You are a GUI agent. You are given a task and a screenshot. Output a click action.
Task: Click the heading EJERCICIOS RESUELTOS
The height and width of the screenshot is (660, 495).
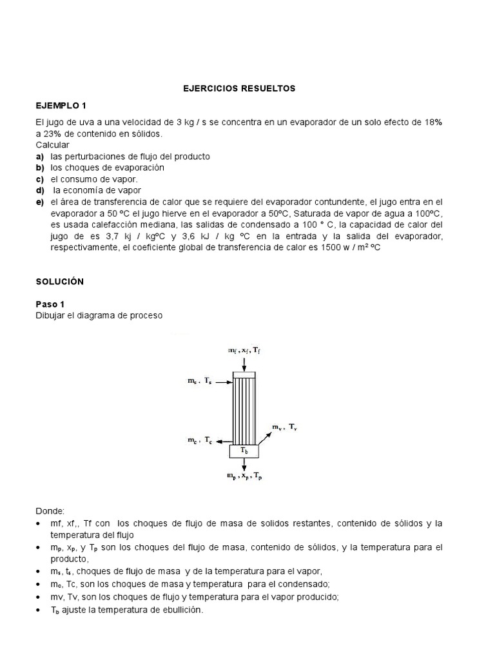[x=239, y=88]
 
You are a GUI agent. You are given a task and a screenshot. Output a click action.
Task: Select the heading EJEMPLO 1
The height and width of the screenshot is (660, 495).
[x=61, y=105]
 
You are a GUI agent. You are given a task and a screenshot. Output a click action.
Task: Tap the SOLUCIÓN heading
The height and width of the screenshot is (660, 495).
[x=60, y=282]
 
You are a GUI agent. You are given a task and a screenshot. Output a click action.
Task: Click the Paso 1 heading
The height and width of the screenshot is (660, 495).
[x=51, y=304]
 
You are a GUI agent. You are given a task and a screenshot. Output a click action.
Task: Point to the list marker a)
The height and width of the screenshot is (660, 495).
[x=40, y=157]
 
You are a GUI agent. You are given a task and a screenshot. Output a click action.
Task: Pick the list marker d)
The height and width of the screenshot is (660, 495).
[x=40, y=190]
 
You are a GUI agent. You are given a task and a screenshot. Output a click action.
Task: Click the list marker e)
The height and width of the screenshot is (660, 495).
[x=40, y=202]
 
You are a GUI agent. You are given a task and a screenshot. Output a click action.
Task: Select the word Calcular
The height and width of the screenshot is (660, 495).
[x=52, y=145]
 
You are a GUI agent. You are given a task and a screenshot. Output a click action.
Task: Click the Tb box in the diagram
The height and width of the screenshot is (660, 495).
[x=244, y=451]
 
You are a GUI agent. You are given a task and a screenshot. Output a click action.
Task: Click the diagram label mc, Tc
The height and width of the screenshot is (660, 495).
[x=199, y=441]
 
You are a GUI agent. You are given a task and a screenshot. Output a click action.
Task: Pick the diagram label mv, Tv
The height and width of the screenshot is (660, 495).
[x=284, y=427]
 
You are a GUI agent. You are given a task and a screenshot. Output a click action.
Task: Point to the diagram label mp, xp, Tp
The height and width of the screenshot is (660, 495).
[x=244, y=476]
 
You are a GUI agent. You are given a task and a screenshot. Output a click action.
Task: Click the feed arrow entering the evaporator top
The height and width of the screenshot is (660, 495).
[x=244, y=363]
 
